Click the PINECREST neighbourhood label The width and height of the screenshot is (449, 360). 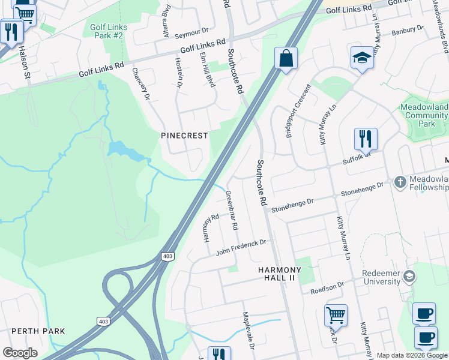pos(184,136)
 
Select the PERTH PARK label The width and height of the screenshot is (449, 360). pos(38,331)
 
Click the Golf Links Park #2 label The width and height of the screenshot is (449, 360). pos(106,32)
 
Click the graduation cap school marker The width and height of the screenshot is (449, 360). pos(362,58)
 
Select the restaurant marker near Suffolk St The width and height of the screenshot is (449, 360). pos(365,139)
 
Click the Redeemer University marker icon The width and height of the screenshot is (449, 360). pos(410,277)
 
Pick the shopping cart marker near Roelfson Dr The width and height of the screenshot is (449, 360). pos(336,314)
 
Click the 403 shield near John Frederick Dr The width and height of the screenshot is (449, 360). pos(167,257)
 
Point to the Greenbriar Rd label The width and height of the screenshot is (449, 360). pos(232,211)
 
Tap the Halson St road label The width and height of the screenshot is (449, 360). pos(25,63)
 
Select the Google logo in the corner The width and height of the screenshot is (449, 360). pos(20,353)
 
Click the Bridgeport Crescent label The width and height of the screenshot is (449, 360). pos(298,112)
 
